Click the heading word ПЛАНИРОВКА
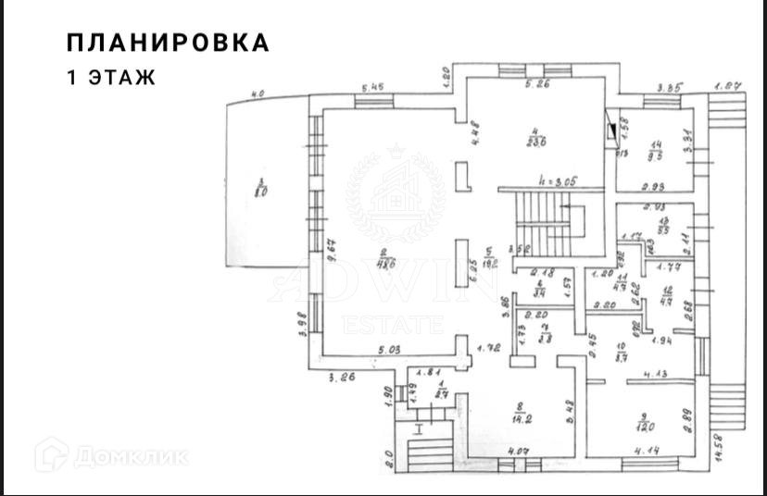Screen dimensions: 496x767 pyautogui.click(x=168, y=43)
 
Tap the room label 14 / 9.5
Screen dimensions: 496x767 pyautogui.click(x=657, y=149)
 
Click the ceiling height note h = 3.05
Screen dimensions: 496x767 pyautogui.click(x=559, y=181)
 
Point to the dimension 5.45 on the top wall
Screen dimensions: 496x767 pyautogui.click(x=372, y=89)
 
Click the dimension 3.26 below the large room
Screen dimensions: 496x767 pyautogui.click(x=344, y=377)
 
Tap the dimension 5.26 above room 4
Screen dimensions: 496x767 pyautogui.click(x=538, y=86)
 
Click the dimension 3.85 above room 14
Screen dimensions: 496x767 pyautogui.click(x=669, y=89)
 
